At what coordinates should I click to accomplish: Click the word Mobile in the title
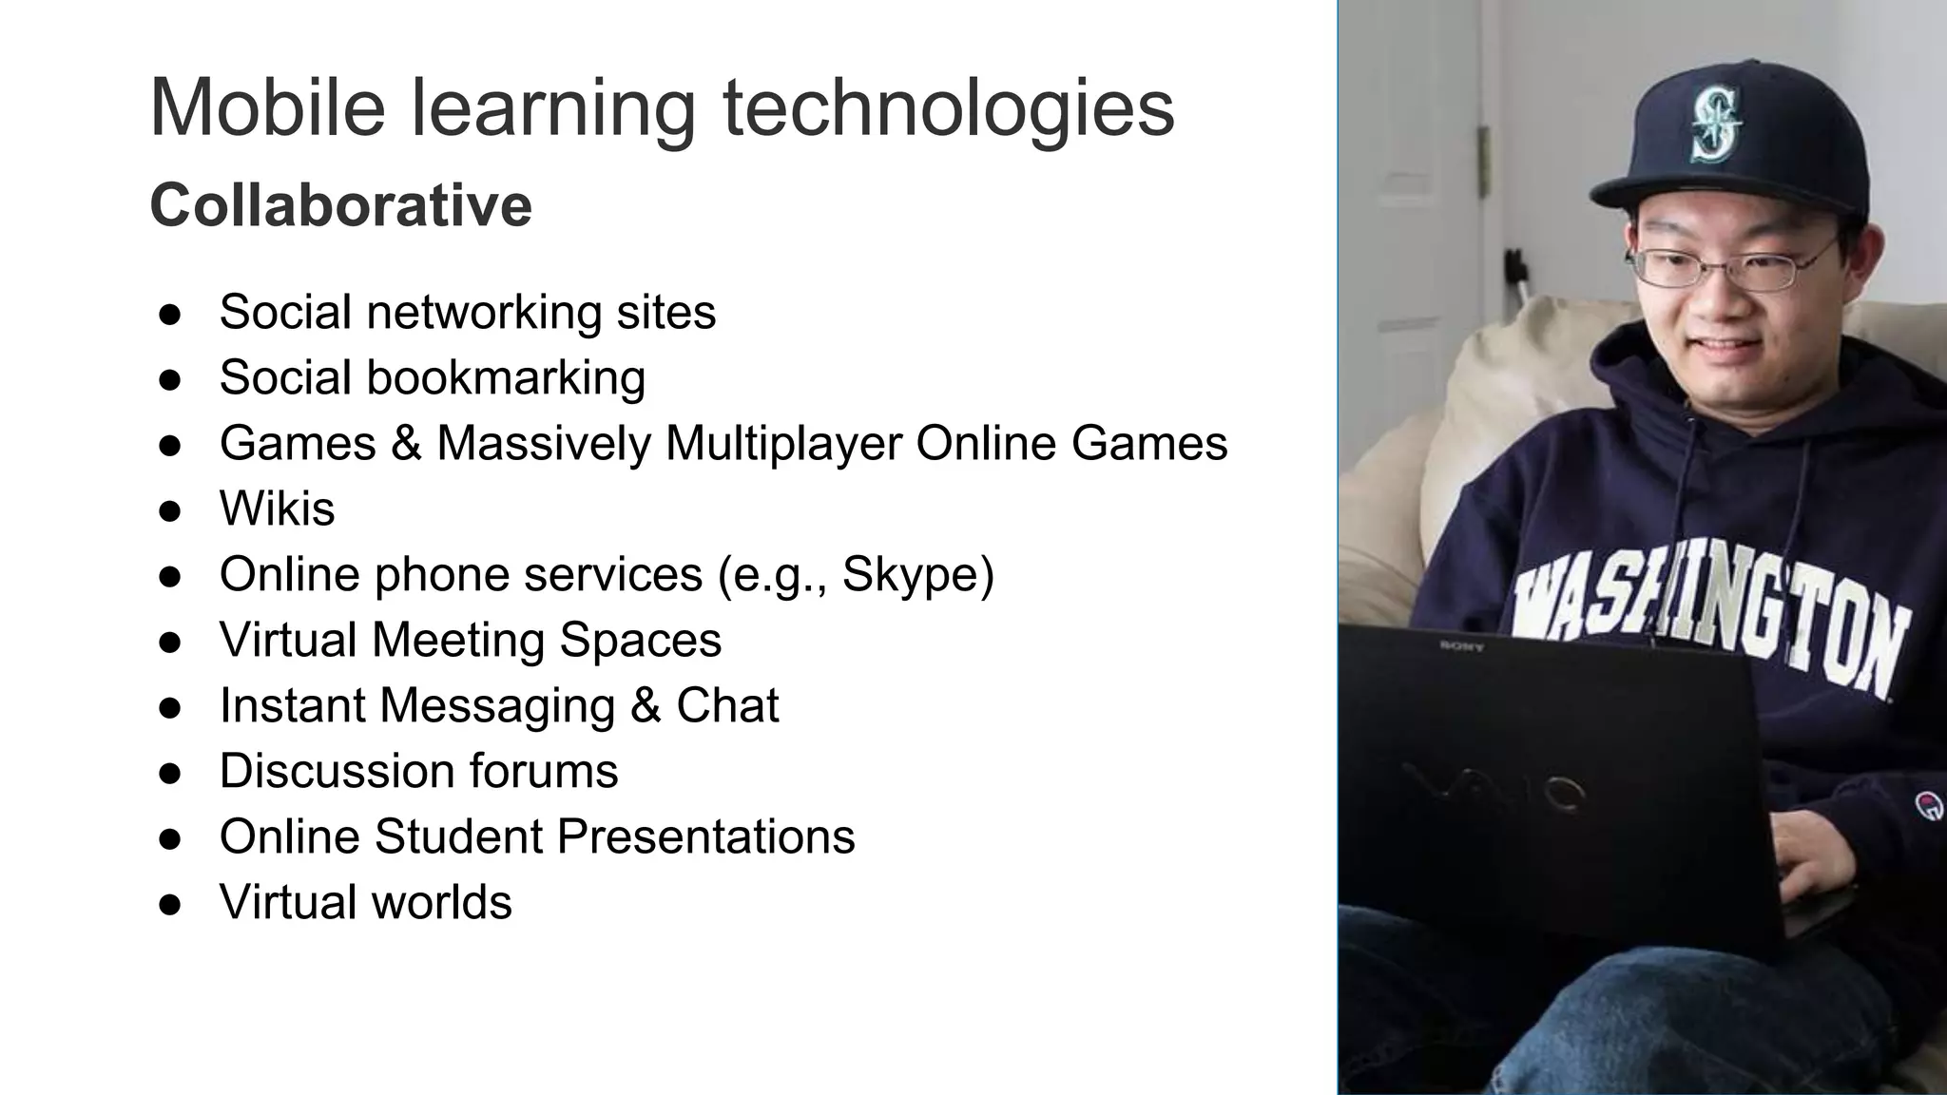267,107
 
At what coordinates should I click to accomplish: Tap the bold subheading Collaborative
340,205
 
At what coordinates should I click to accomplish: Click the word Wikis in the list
277,509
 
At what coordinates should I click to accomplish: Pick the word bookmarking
505,378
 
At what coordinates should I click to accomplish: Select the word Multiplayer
783,444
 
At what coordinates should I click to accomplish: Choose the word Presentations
705,836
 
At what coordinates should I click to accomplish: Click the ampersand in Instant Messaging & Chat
645,705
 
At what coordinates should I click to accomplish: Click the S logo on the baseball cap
1715,122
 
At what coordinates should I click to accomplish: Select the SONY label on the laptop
1461,646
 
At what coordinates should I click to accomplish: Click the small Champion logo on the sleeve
1928,806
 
